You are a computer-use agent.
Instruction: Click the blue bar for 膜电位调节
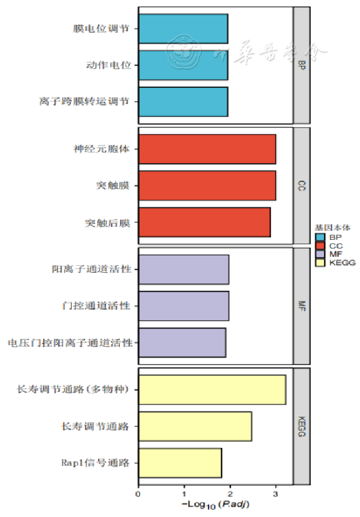[183, 29]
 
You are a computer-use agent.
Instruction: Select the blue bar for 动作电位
[183, 65]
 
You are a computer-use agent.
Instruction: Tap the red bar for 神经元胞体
[207, 150]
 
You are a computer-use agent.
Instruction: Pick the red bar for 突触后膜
[204, 222]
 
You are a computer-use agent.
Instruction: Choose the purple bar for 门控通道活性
[184, 306]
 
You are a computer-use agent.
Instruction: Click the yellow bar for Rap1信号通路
[180, 463]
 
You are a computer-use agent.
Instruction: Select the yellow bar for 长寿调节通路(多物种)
[211, 390]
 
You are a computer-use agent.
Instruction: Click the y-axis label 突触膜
[113, 186]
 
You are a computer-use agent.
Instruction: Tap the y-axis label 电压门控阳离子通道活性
[70, 343]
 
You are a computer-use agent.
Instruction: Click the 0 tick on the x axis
[138, 494]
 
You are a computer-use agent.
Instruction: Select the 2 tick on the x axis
[230, 494]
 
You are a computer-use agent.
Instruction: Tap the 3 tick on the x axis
[276, 494]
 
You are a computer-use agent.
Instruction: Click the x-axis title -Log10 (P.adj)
[215, 505]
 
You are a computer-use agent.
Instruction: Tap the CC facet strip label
[302, 186]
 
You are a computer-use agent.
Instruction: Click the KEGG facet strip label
[302, 426]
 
